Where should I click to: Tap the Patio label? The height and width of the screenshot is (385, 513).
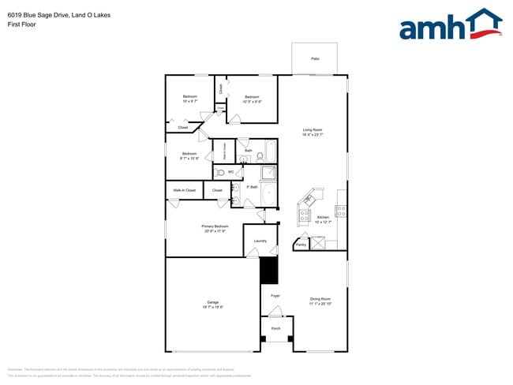(x=315, y=59)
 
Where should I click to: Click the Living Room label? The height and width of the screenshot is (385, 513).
(x=313, y=129)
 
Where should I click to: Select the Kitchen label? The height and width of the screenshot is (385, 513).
(x=323, y=217)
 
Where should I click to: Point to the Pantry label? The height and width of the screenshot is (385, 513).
(x=301, y=245)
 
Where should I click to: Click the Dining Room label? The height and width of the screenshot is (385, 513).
(x=320, y=298)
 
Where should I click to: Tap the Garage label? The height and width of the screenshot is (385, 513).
(x=212, y=301)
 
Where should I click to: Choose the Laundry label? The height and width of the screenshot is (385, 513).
(x=260, y=241)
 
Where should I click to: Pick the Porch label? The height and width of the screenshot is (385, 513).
(x=275, y=328)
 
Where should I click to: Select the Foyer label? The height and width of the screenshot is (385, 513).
(x=275, y=296)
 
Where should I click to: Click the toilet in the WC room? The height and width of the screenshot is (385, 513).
(x=220, y=172)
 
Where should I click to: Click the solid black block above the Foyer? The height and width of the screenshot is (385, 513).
(x=270, y=271)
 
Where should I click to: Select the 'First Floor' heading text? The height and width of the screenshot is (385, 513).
(x=21, y=24)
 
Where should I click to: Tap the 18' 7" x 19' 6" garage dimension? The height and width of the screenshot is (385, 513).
(x=212, y=307)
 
